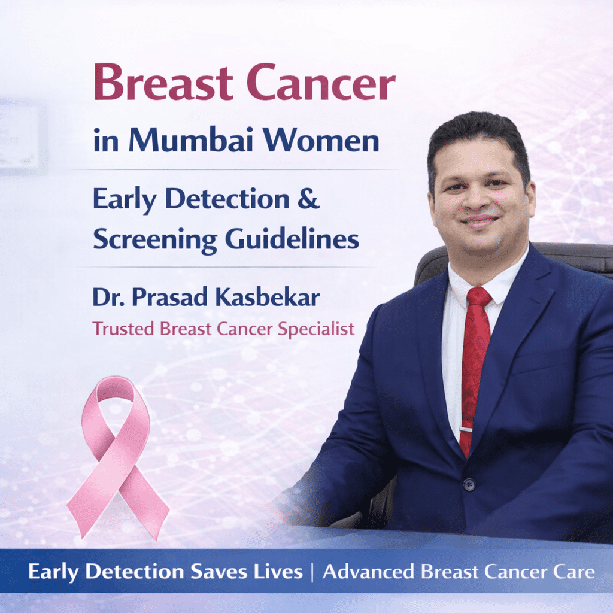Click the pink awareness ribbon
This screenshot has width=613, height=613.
pos(116,455)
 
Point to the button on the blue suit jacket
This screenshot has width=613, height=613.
pos(468,484)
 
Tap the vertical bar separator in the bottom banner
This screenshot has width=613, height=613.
pos(312,572)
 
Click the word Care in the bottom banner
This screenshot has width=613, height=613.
pos(575,572)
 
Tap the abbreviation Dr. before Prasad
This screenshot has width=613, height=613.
pos(106,298)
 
